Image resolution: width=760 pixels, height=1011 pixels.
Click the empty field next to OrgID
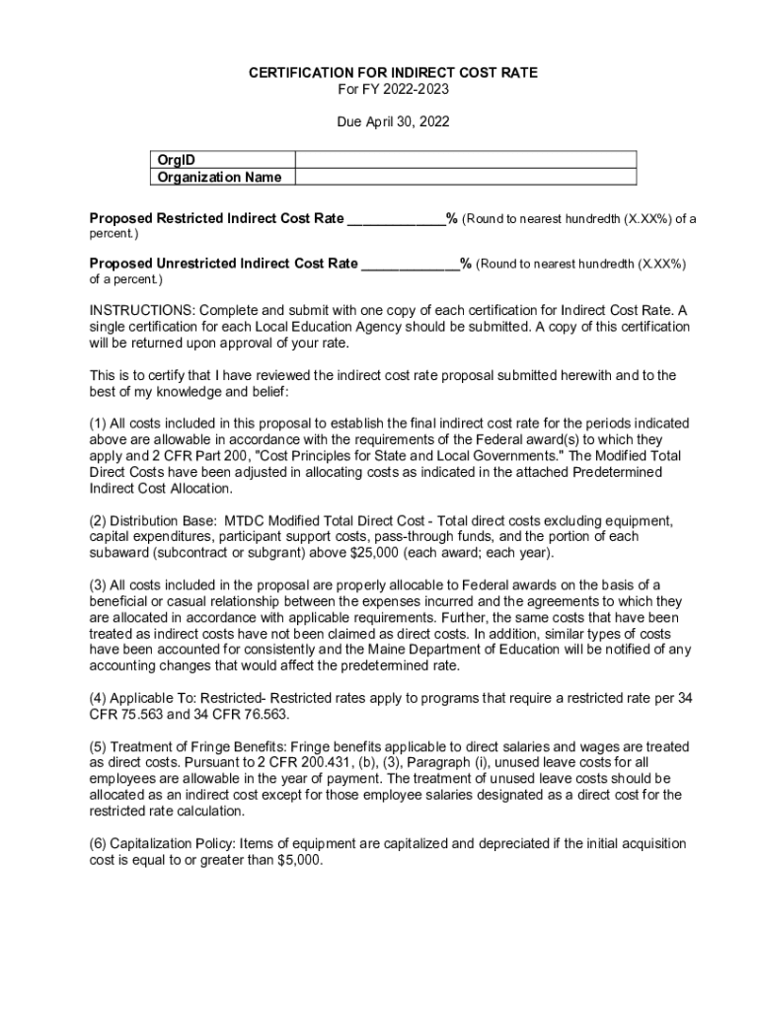(466, 160)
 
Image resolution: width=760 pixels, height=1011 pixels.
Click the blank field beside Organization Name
(466, 177)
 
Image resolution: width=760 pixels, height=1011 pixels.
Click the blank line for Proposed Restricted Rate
(395, 219)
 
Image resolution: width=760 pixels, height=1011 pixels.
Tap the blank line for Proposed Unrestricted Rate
(410, 264)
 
